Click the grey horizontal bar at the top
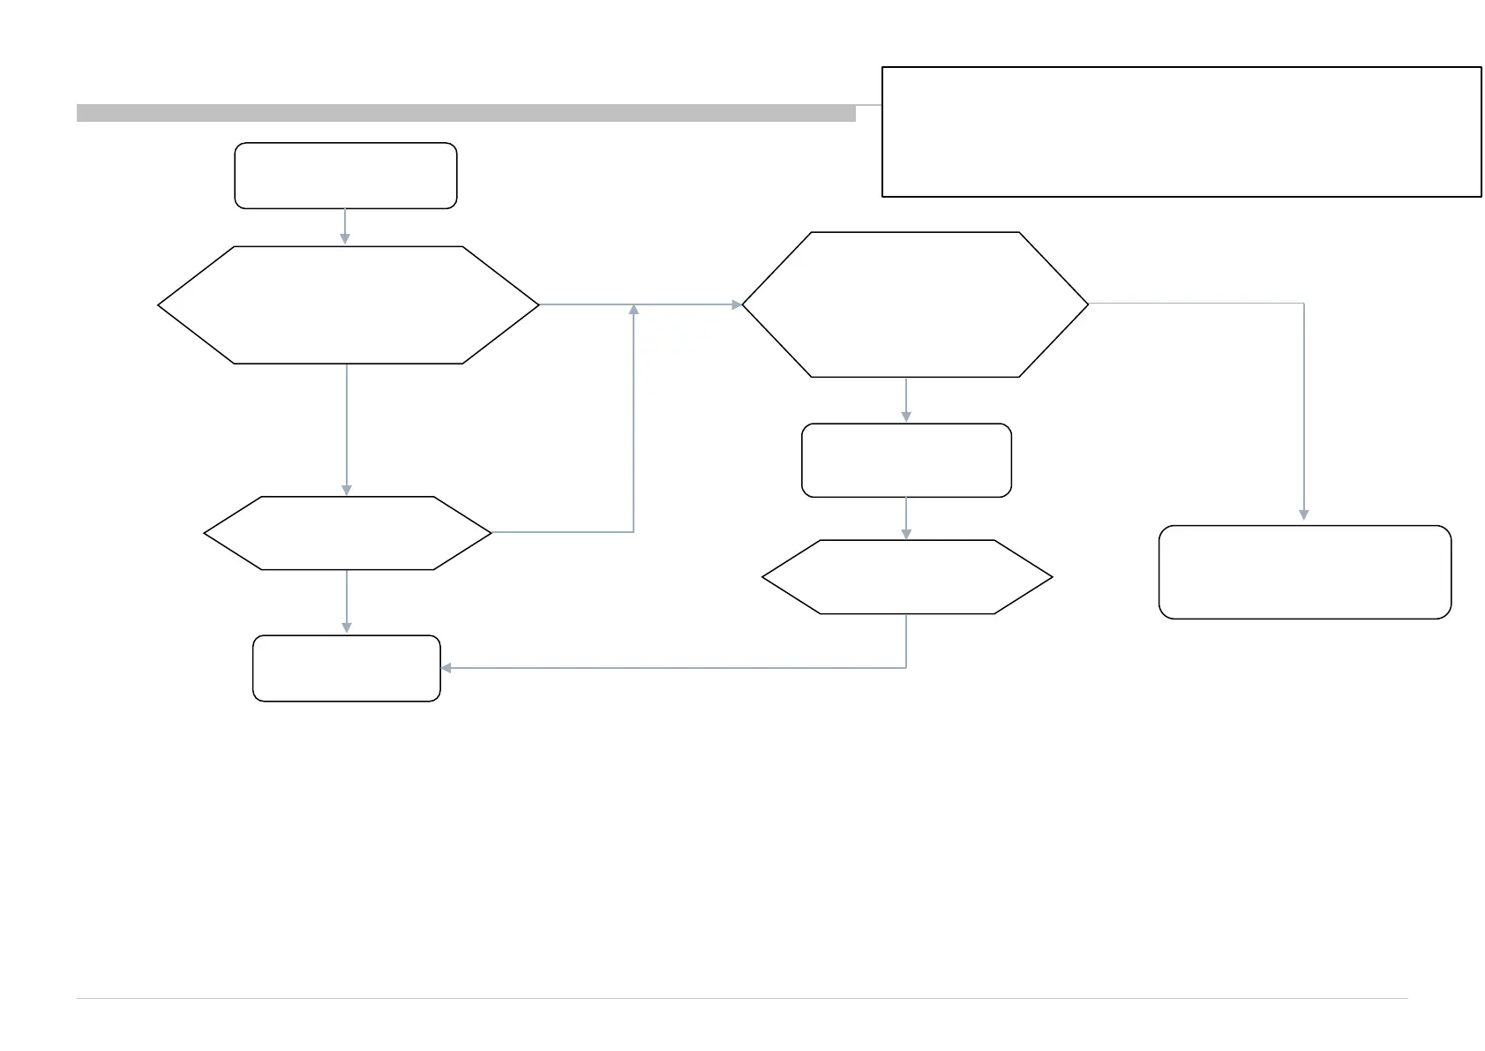tap(466, 113)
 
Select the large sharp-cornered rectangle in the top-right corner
tap(1181, 131)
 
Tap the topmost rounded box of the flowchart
tap(345, 176)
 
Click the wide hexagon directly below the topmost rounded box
tap(349, 305)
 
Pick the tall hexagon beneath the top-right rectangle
tap(915, 304)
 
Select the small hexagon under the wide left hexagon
tap(347, 533)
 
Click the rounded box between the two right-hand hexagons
tap(906, 461)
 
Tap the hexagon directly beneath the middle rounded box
tap(906, 577)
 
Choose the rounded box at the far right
tap(1304, 572)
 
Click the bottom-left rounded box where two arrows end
tap(346, 668)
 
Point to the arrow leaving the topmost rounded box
tap(345, 227)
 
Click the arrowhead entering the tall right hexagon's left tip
tap(737, 304)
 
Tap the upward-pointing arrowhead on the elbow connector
tap(634, 309)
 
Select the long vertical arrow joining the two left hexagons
tap(347, 430)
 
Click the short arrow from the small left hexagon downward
tap(347, 602)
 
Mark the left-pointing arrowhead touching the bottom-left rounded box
tap(446, 668)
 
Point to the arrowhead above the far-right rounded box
tap(1304, 514)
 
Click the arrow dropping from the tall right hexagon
tap(906, 401)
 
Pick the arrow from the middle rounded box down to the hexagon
tap(906, 519)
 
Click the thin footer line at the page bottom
tap(741, 999)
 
